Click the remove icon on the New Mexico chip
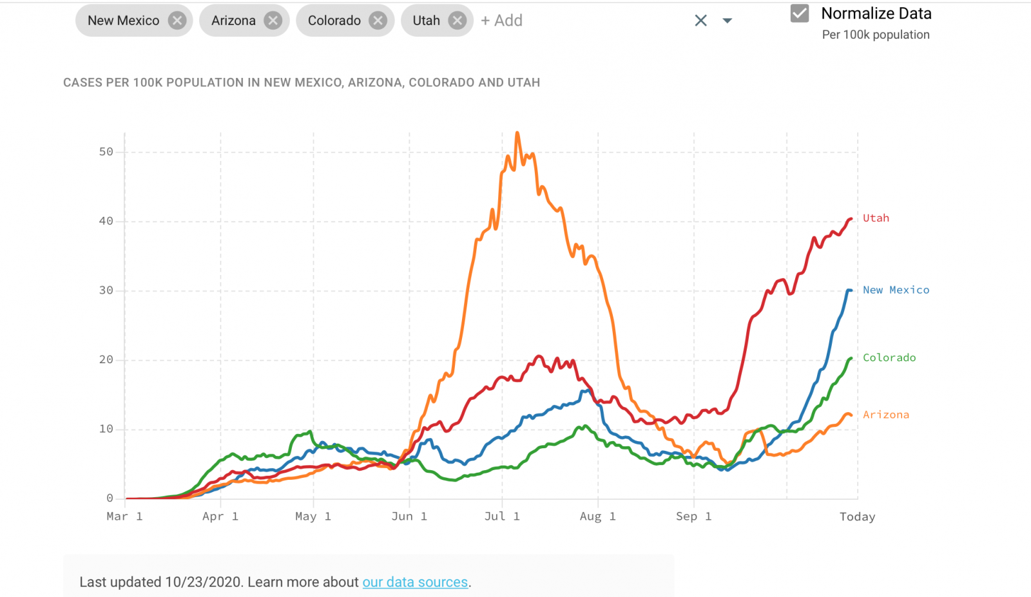pyautogui.click(x=177, y=21)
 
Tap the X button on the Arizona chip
pyautogui.click(x=273, y=21)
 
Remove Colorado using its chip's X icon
pyautogui.click(x=378, y=21)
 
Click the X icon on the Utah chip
pyautogui.click(x=457, y=21)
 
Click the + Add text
pyautogui.click(x=501, y=21)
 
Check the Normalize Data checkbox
pyautogui.click(x=800, y=14)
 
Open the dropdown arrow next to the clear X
pyautogui.click(x=727, y=21)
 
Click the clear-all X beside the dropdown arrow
pyautogui.click(x=701, y=21)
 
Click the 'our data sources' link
pyautogui.click(x=415, y=582)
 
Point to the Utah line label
pyautogui.click(x=876, y=218)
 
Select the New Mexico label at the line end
pyautogui.click(x=896, y=290)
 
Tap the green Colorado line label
pyautogui.click(x=889, y=358)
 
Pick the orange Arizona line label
pyautogui.click(x=886, y=415)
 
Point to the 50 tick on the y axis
pyautogui.click(x=106, y=152)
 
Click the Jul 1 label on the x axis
pyautogui.click(x=502, y=516)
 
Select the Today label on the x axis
pyautogui.click(x=857, y=516)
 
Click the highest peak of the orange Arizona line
pyautogui.click(x=517, y=133)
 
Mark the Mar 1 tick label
pyautogui.click(x=124, y=516)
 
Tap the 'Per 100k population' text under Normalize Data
pyautogui.click(x=876, y=35)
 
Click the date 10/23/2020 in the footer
pyautogui.click(x=203, y=582)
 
